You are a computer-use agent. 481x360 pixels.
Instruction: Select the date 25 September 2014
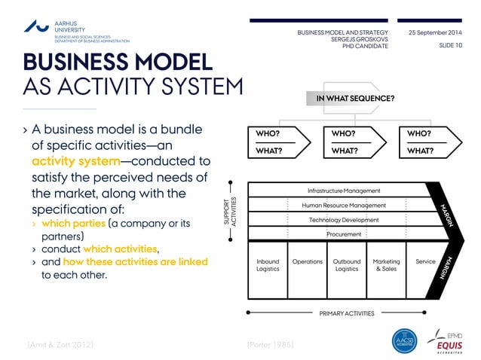tap(435, 33)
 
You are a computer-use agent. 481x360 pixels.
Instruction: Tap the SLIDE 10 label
tap(450, 46)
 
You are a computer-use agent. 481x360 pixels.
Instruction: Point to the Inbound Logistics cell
tap(268, 265)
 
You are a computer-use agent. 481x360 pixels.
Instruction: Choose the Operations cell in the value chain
tap(307, 262)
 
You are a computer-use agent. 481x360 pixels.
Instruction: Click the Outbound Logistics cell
tap(346, 265)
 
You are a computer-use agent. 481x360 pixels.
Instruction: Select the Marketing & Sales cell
tap(386, 265)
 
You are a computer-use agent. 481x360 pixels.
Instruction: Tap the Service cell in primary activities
tap(425, 262)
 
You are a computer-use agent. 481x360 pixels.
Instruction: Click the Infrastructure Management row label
tap(344, 191)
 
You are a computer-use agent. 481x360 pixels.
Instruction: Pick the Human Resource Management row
tap(344, 205)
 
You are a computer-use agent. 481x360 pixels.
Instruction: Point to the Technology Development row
tap(344, 220)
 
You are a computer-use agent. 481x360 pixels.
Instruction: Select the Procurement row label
tap(344, 234)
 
